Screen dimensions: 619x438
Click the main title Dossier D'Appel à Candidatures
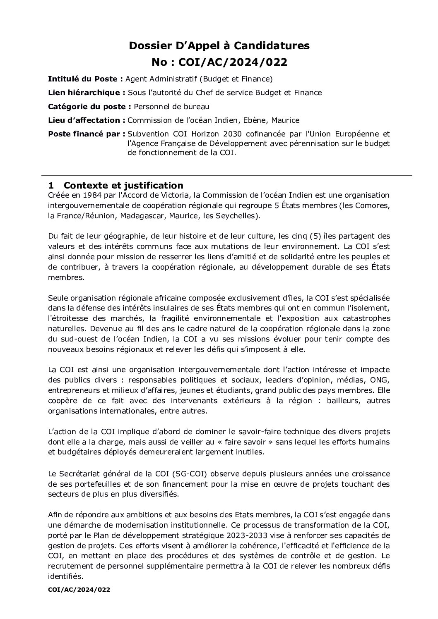click(x=219, y=46)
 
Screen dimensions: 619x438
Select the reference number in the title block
click(x=219, y=62)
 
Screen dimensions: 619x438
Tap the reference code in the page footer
click(x=79, y=590)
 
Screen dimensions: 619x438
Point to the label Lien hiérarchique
click(x=87, y=93)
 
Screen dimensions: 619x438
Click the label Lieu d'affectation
click(x=87, y=120)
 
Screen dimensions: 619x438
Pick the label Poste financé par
click(x=87, y=134)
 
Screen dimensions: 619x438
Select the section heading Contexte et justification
click(x=123, y=185)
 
